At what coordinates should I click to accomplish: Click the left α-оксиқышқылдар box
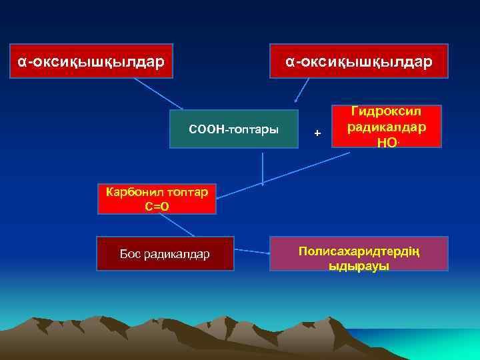click(x=91, y=61)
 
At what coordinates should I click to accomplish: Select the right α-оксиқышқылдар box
click(x=359, y=61)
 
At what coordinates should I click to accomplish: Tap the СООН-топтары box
click(x=233, y=129)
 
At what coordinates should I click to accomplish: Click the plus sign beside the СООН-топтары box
click(x=317, y=134)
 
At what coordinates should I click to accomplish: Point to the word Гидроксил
click(x=387, y=112)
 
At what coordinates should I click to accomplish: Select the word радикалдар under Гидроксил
click(x=387, y=127)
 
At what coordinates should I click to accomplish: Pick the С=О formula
click(x=157, y=206)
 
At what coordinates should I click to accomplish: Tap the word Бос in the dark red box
click(x=129, y=254)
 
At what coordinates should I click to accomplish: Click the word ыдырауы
click(x=359, y=265)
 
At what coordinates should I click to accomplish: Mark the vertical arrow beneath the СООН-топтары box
click(x=263, y=167)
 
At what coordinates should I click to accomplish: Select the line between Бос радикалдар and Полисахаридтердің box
click(x=251, y=251)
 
